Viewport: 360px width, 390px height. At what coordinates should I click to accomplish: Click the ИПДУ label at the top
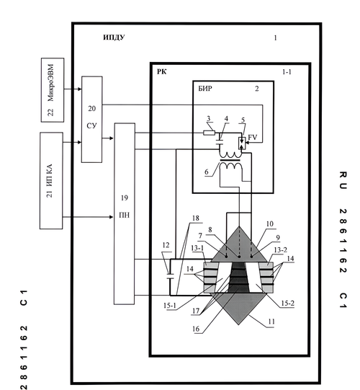pos(114,37)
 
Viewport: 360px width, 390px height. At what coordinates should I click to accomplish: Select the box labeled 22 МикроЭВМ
pos(53,90)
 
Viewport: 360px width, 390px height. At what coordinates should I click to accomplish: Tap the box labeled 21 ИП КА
pos(51,180)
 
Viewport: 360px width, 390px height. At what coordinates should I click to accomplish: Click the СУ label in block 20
pos(91,126)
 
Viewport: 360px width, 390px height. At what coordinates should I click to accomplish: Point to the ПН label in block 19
pos(125,215)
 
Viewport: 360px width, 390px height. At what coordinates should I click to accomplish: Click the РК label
pos(161,71)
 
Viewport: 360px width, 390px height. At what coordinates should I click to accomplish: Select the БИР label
pos(205,88)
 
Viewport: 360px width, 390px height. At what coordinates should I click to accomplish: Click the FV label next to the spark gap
pos(253,137)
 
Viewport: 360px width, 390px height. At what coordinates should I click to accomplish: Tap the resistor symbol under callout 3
pos(210,133)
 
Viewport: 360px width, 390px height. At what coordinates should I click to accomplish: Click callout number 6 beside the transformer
pos(207,172)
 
